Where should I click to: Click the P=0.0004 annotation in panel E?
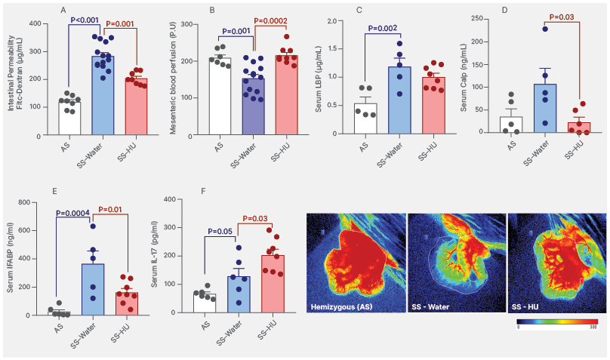click(74, 213)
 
